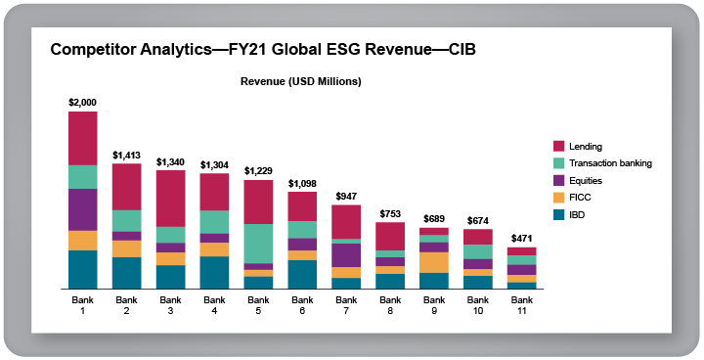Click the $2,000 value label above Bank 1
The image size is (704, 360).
[82, 102]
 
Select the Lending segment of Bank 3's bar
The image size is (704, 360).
[170, 199]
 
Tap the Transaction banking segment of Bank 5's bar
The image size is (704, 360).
[258, 244]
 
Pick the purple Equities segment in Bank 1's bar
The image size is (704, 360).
[82, 209]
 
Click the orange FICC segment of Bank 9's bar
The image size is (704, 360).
[434, 262]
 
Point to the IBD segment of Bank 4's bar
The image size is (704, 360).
[214, 273]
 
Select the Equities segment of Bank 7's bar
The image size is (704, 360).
[346, 255]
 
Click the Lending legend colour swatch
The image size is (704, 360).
[559, 146]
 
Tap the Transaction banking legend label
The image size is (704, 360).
[610, 163]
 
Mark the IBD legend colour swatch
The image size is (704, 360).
[559, 214]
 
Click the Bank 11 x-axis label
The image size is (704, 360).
[522, 304]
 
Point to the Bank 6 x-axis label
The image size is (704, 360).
[302, 304]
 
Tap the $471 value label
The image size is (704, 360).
[522, 238]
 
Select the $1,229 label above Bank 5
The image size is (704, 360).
[258, 171]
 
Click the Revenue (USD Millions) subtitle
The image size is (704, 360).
[301, 81]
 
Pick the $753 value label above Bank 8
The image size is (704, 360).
[390, 213]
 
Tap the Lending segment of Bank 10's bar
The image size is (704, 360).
[478, 237]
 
